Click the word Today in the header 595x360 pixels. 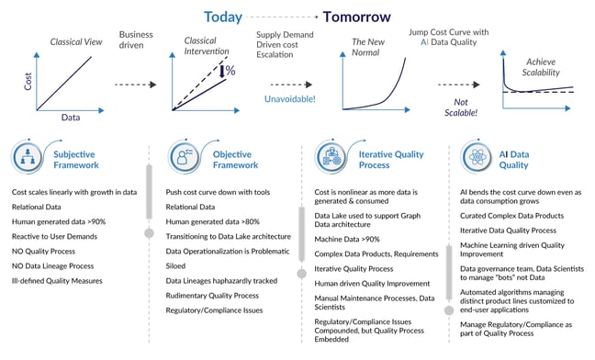pos(223,17)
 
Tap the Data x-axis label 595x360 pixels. pos(70,118)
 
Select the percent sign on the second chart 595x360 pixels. pos(230,71)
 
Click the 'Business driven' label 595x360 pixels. pos(137,41)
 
